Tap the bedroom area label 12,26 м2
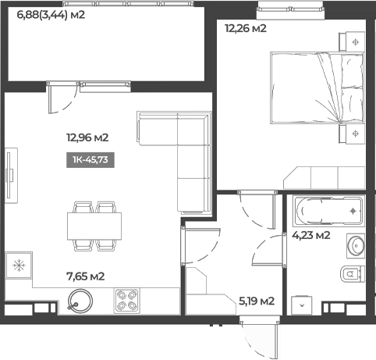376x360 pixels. pos(246,30)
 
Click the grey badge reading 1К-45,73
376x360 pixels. pos(90,161)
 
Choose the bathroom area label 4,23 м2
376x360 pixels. pos(310,235)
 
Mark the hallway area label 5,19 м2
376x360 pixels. pos(256,301)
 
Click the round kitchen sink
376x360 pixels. pos(79,299)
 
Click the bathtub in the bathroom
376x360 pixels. pos(328,211)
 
